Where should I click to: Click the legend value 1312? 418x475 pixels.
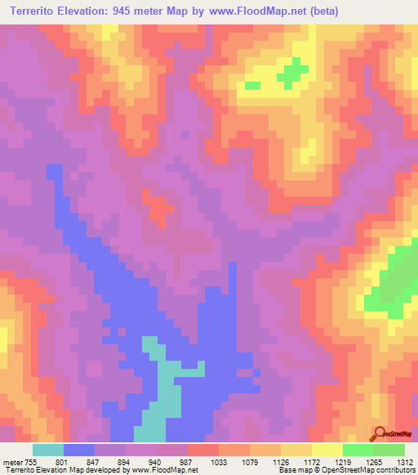pyautogui.click(x=405, y=460)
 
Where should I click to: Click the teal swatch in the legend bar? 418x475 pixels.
pyautogui.click(x=48, y=450)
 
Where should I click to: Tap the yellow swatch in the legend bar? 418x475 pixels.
pyautogui.click(x=327, y=450)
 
